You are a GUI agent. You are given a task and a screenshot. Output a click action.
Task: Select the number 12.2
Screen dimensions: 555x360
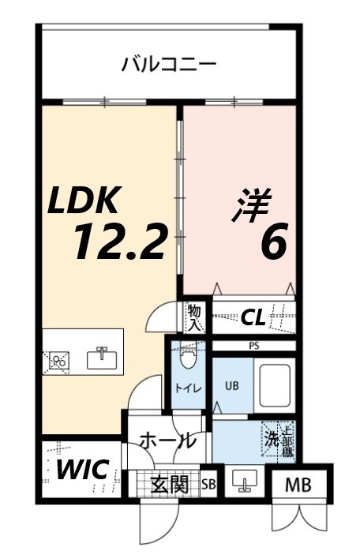pyautogui.click(x=121, y=241)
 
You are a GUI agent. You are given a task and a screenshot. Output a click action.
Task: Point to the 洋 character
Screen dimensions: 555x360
pyautogui.click(x=251, y=206)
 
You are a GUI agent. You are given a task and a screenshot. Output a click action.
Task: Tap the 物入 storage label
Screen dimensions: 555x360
pyautogui.click(x=195, y=317)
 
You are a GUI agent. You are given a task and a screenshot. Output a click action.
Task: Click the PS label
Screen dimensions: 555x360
pyautogui.click(x=253, y=345)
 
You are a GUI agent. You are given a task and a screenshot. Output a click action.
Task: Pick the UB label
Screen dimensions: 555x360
pyautogui.click(x=231, y=386)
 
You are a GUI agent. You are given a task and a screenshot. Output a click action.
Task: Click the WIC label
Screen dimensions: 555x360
pyautogui.click(x=82, y=469)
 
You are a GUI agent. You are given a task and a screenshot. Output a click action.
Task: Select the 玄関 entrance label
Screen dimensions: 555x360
pyautogui.click(x=170, y=483)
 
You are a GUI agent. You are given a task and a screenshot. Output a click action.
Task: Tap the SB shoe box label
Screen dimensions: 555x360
pyautogui.click(x=209, y=484)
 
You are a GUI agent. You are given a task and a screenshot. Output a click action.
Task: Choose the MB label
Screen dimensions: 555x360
pyautogui.click(x=298, y=485)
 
